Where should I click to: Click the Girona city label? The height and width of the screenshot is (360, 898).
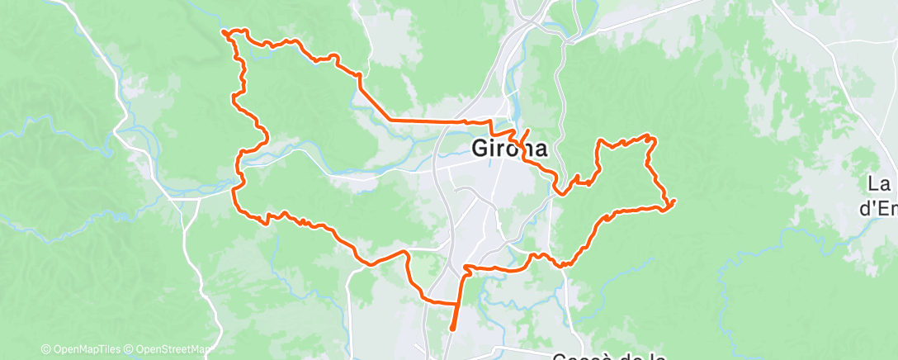click(x=509, y=149)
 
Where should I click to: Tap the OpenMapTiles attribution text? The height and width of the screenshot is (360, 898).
click(x=85, y=349)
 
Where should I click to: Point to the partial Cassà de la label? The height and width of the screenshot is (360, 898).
click(x=609, y=356)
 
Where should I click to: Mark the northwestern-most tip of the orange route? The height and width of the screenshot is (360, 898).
click(x=223, y=31)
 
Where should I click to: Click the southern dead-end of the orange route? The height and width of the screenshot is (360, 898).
click(x=452, y=330)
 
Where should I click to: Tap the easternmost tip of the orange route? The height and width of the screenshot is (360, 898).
click(x=674, y=201)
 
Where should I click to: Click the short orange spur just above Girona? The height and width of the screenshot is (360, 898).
click(x=523, y=135)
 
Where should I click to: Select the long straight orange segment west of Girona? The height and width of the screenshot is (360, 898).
click(x=429, y=121)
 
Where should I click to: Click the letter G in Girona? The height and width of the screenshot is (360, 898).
click(x=480, y=149)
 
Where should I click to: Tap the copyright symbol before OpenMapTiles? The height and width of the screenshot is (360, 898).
click(x=46, y=349)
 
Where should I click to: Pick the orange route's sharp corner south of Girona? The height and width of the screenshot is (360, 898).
click(x=466, y=268)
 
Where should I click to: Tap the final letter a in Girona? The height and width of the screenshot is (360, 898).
click(x=539, y=149)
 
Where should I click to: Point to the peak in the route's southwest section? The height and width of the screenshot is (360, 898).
click(x=405, y=250)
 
